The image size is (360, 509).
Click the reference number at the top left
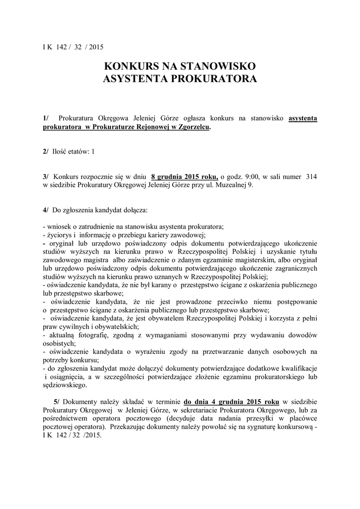72,47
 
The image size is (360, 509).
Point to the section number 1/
46,118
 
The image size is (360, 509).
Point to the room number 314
312,176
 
